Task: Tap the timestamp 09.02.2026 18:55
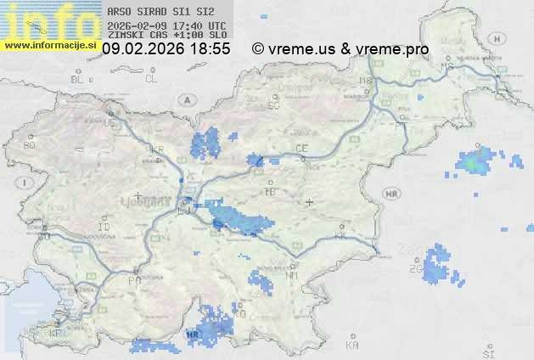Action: coord(166,49)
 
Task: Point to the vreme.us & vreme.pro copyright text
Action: coord(340,49)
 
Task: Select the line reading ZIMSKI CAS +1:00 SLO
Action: coord(167,36)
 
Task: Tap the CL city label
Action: coord(151,79)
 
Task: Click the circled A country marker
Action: coord(186,99)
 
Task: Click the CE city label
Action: coord(301,149)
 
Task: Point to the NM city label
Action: coord(293,275)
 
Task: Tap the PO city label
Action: coord(133,279)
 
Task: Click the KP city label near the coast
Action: coord(55,334)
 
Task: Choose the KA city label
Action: coord(351,345)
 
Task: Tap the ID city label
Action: coord(104,228)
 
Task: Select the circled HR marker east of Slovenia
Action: coord(392,194)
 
